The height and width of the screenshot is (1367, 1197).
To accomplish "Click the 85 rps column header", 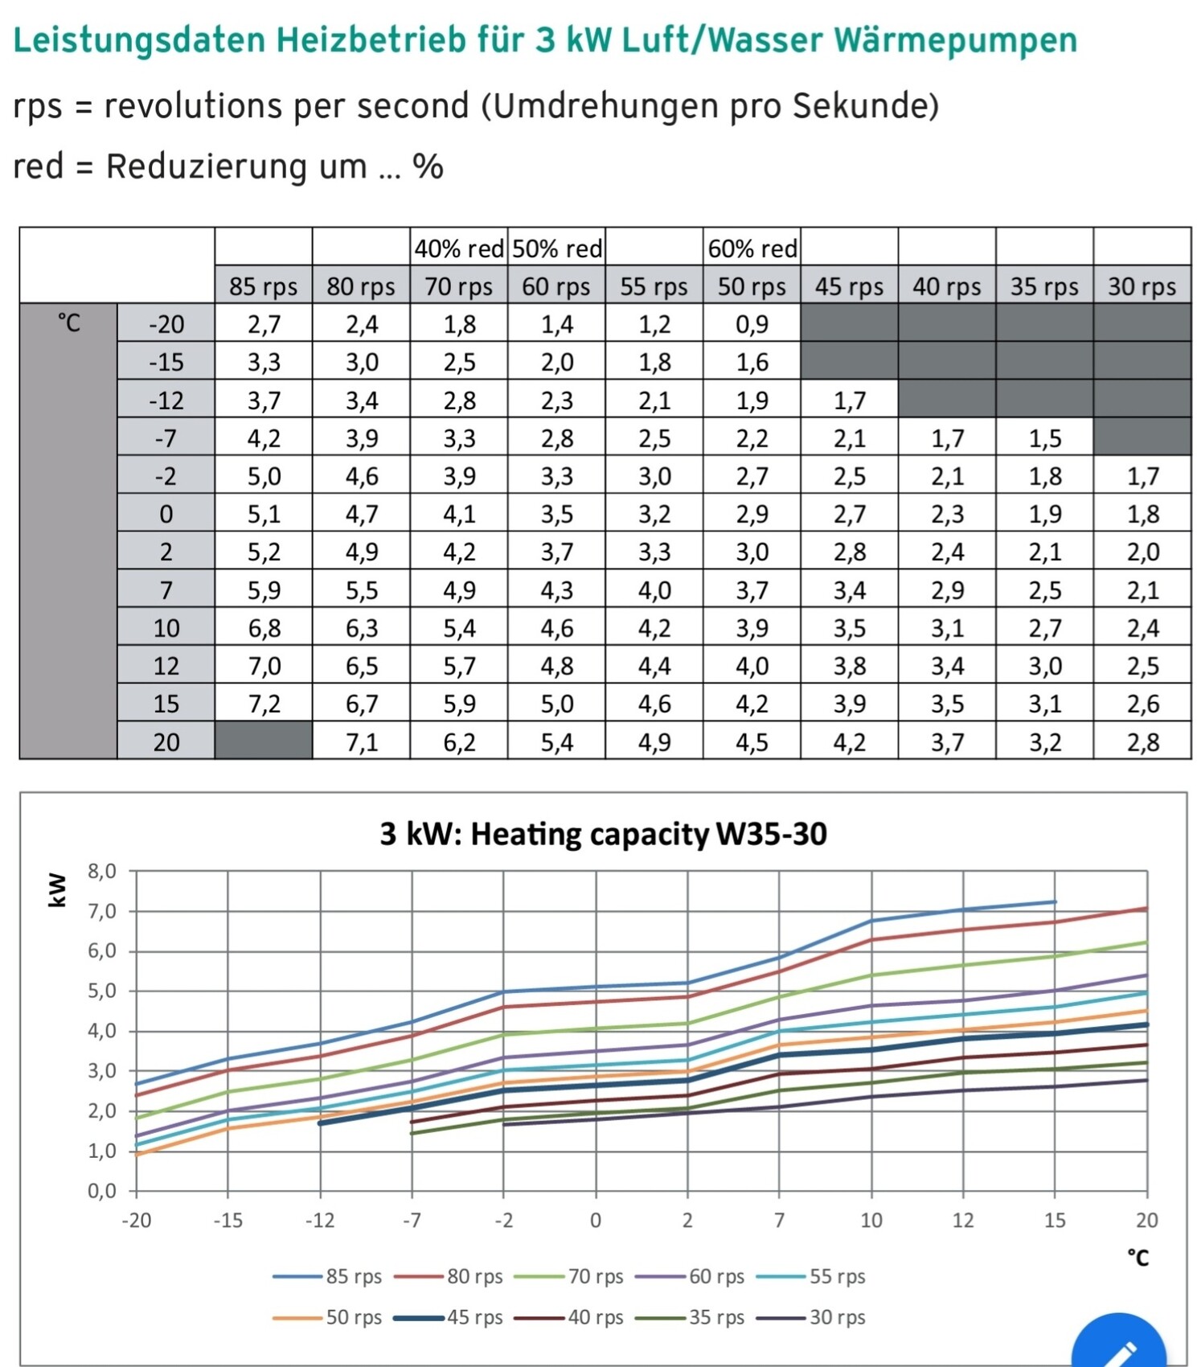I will [263, 286].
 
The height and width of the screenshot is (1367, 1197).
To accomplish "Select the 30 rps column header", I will [1142, 286].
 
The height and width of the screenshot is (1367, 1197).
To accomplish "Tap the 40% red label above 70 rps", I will [458, 248].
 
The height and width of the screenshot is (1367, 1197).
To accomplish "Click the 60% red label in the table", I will [752, 248].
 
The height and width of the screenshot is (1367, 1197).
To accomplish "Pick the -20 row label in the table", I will [166, 324].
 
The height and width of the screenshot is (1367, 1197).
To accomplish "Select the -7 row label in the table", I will [166, 438].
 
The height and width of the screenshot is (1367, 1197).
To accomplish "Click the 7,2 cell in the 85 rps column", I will [264, 704].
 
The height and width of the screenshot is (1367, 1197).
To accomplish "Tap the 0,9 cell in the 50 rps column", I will [752, 324].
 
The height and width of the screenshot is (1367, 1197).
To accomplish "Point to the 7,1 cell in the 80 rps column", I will [362, 741].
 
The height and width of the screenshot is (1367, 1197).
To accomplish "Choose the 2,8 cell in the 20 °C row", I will [1142, 741].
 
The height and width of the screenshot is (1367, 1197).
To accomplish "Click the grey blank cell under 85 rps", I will [264, 741].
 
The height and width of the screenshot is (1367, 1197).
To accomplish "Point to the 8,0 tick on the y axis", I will [101, 871].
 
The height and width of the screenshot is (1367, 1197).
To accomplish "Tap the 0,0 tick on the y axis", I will [101, 1191].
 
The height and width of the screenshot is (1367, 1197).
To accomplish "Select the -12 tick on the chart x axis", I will [320, 1221].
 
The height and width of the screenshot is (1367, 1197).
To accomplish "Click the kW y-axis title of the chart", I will [57, 889].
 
